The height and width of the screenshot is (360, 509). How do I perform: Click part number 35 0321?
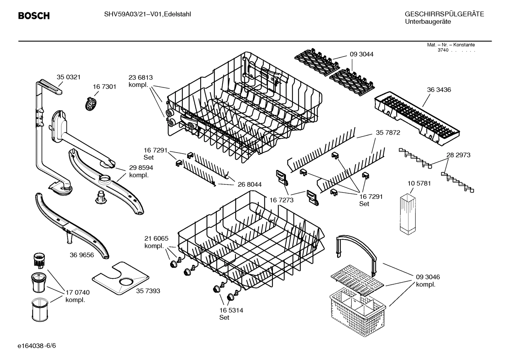pos(68,77)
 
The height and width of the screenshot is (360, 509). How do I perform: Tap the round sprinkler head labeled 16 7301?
pos(91,104)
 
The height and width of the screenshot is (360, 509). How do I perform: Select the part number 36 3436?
pos(439,90)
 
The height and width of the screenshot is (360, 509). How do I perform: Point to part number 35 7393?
pos(148,291)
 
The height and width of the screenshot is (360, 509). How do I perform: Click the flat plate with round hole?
pos(120,278)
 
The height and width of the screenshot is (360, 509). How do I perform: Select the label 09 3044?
pos(361,54)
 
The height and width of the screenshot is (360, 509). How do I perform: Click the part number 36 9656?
pos(82,255)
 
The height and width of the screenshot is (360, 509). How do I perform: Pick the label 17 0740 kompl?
pos(77,296)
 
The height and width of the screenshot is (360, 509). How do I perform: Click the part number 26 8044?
pos(250,184)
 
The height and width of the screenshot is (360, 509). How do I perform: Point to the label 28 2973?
pos(458,155)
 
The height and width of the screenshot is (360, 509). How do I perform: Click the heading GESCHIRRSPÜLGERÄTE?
pos(444,14)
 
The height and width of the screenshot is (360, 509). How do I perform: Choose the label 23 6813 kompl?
pos(140,81)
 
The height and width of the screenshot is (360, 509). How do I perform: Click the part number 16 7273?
pos(281,200)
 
